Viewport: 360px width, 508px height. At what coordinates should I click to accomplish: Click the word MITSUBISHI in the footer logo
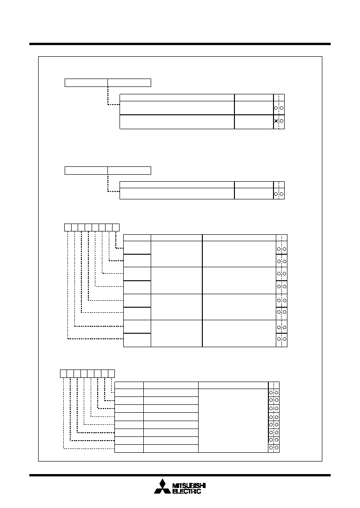click(x=189, y=486)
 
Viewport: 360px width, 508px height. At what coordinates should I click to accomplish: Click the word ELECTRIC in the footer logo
click(x=187, y=491)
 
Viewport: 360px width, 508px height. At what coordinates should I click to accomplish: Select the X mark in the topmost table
click(x=276, y=121)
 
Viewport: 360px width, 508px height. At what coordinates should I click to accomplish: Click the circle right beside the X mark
click(x=281, y=121)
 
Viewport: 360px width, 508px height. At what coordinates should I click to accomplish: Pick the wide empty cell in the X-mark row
click(x=177, y=122)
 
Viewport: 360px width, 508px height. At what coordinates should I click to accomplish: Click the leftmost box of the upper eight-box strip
click(x=67, y=227)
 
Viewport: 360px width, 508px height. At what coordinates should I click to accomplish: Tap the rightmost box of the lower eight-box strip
click(x=112, y=374)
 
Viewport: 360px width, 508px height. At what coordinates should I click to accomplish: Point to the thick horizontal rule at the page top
click(x=180, y=44)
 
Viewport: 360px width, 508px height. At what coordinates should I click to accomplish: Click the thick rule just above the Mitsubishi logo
click(x=180, y=475)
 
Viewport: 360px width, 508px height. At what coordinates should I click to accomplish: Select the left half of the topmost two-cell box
click(x=86, y=83)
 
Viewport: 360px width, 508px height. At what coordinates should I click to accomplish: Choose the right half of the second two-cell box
click(x=129, y=171)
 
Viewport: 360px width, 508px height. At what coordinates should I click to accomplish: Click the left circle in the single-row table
click(x=276, y=194)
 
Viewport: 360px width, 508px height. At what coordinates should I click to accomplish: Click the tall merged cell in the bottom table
click(x=233, y=421)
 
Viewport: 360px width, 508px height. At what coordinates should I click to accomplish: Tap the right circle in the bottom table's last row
click(x=277, y=448)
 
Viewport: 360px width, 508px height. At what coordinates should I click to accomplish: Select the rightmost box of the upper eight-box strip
click(x=116, y=227)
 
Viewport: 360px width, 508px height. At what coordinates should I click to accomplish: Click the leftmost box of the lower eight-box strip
click(x=64, y=374)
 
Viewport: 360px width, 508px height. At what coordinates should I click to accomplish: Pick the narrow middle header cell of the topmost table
click(x=254, y=98)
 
